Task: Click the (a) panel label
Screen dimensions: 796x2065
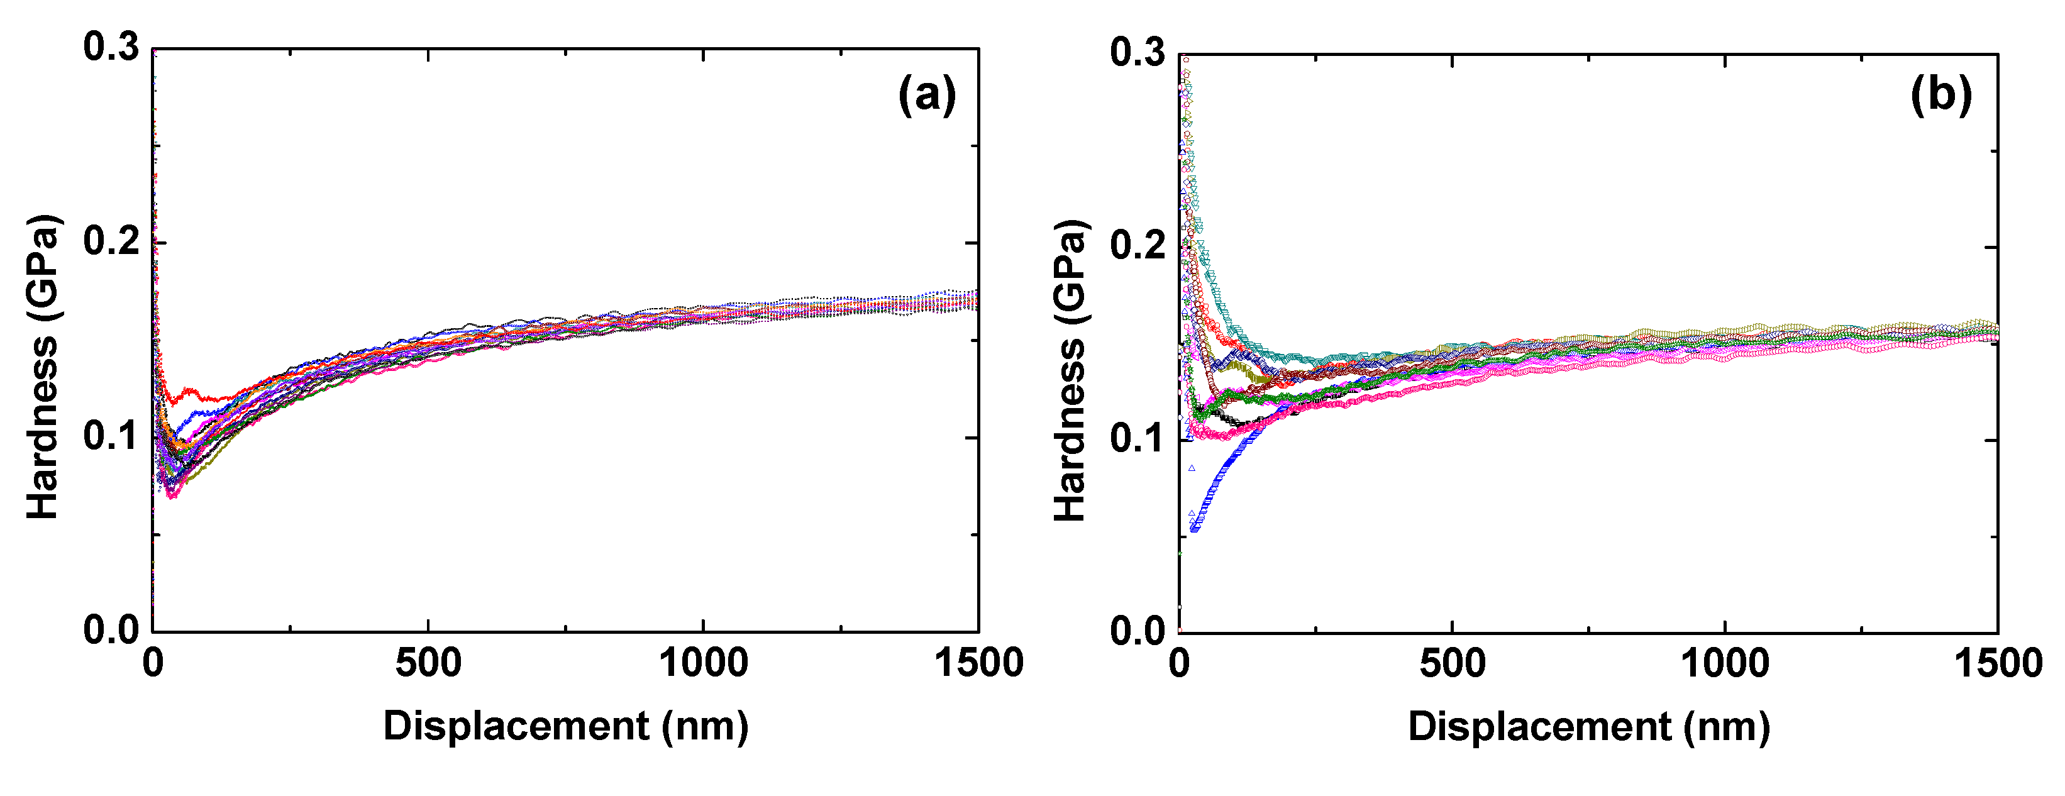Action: coord(927,96)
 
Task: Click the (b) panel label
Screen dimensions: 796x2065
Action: coord(1940,96)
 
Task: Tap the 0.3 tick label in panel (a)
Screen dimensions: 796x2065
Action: coord(111,47)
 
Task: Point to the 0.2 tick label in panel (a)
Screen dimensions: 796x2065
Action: coord(111,241)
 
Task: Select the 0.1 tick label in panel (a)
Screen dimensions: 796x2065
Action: coord(111,436)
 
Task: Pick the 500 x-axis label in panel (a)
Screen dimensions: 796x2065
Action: coord(428,664)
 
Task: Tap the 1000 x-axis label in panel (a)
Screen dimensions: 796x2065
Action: coord(703,664)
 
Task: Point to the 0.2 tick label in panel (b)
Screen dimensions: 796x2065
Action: coord(1138,245)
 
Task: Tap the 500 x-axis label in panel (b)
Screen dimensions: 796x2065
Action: coord(1452,664)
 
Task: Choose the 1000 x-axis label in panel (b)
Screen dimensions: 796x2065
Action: coord(1724,664)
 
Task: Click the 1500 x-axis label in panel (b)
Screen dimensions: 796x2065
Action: coord(1998,664)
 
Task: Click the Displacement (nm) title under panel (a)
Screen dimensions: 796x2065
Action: coord(566,726)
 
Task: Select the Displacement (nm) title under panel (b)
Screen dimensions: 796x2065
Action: coord(1589,727)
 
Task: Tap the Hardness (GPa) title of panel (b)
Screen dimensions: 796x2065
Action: coord(1070,370)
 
